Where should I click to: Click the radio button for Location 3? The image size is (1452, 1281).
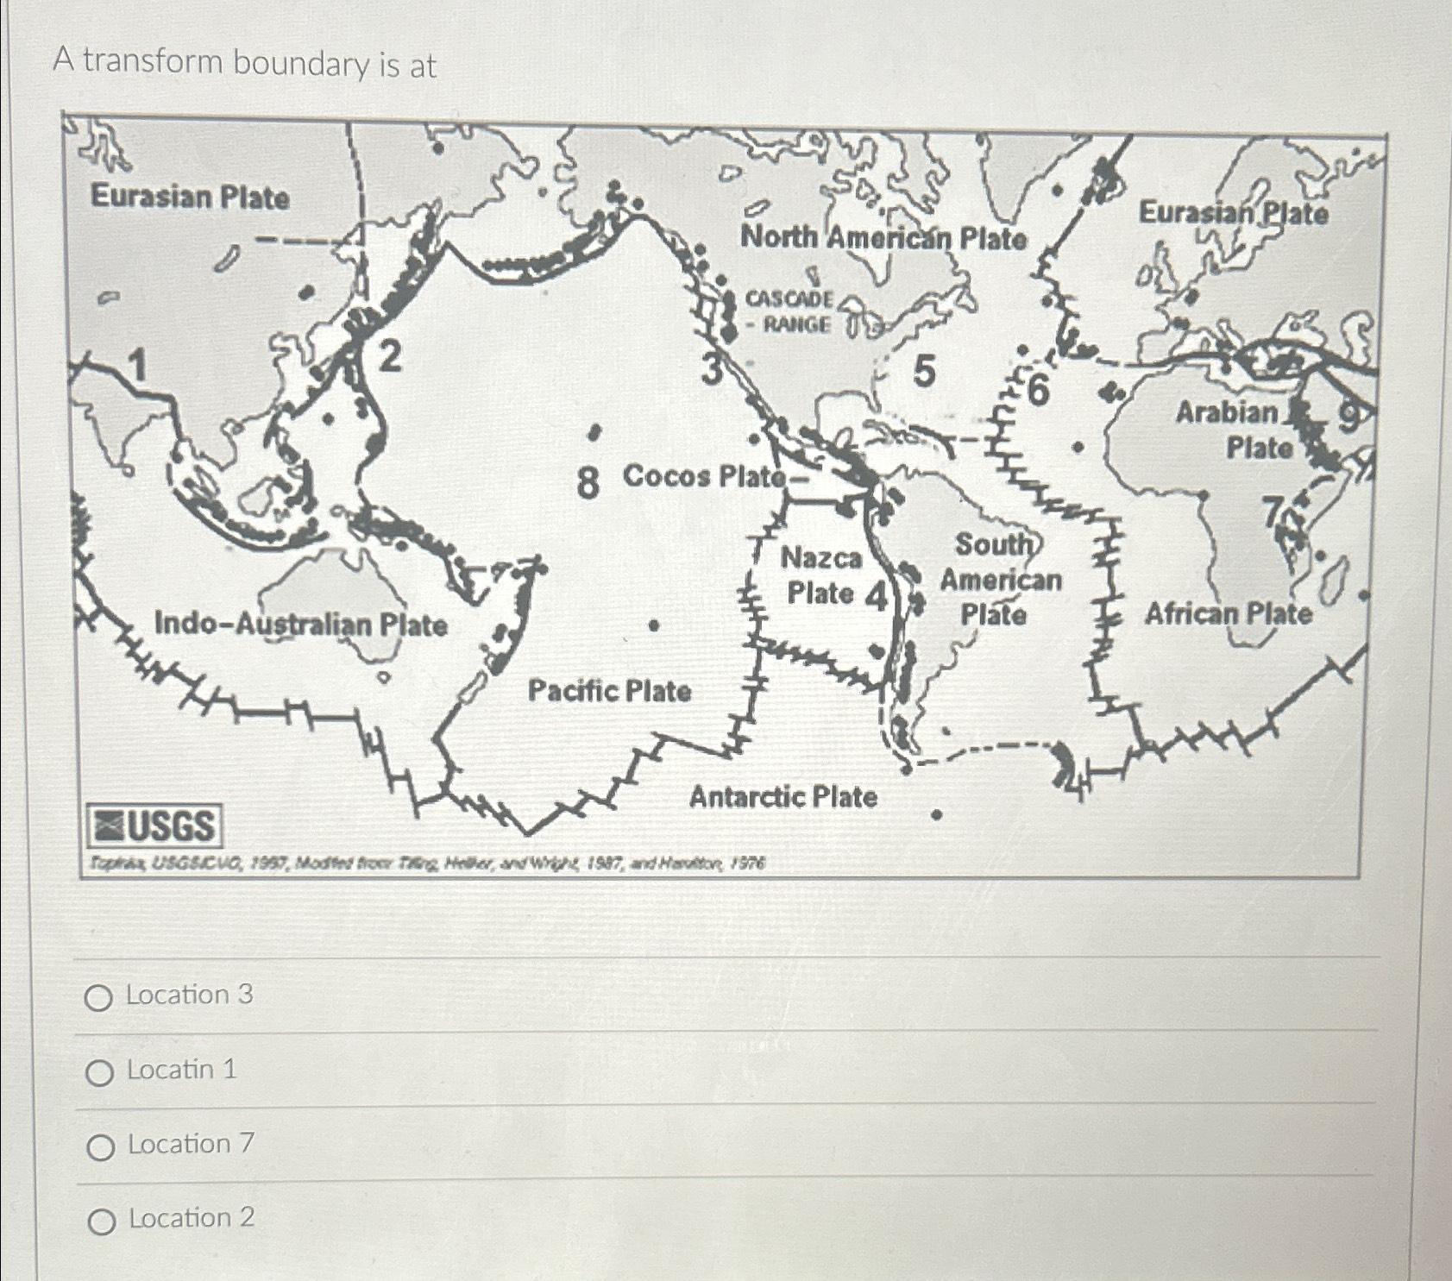pyautogui.click(x=98, y=998)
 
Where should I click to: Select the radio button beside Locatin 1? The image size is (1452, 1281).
pyautogui.click(x=99, y=1073)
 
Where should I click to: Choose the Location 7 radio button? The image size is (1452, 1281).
pyautogui.click(x=100, y=1147)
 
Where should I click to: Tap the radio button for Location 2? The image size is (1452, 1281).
pyautogui.click(x=101, y=1221)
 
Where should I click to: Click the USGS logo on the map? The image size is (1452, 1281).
pyautogui.click(x=154, y=826)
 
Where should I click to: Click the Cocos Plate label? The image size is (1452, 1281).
pyautogui.click(x=704, y=476)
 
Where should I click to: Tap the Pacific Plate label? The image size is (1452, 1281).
pyautogui.click(x=609, y=691)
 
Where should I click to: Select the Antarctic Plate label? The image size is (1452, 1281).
pyautogui.click(x=783, y=797)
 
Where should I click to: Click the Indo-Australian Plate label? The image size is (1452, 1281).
pyautogui.click(x=300, y=624)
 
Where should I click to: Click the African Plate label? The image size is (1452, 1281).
pyautogui.click(x=1228, y=614)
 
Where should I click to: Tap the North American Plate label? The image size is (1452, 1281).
pyautogui.click(x=883, y=237)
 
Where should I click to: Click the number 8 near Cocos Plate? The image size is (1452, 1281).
pyautogui.click(x=588, y=481)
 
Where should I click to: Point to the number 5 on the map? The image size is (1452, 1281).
pyautogui.click(x=923, y=372)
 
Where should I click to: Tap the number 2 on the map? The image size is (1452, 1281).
pyautogui.click(x=390, y=356)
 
